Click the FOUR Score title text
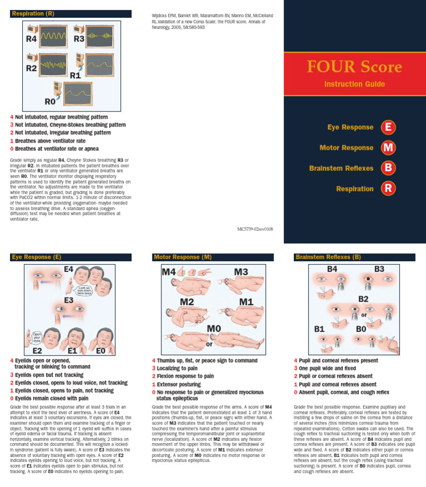(354, 67)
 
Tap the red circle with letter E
(388, 127)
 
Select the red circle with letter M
(388, 148)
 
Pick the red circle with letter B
(388, 168)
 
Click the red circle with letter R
(388, 189)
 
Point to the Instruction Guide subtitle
(354, 84)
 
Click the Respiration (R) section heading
(33, 13)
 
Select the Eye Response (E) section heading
(37, 257)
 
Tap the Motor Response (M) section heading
(183, 257)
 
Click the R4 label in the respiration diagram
(32, 39)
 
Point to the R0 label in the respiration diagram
(50, 102)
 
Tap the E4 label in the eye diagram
(68, 269)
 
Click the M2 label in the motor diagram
(186, 302)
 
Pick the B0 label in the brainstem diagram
(361, 329)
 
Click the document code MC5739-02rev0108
(255, 229)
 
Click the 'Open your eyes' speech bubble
(37, 337)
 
